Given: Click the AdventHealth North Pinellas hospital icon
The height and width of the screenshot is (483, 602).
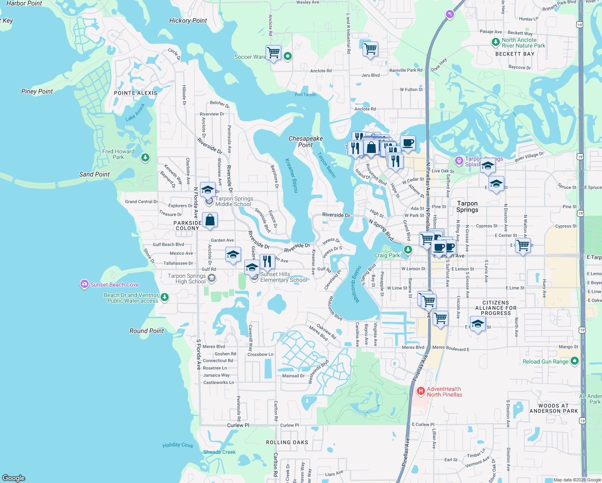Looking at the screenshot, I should pos(421,391).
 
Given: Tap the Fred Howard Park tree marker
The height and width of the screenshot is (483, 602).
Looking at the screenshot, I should pos(145,158).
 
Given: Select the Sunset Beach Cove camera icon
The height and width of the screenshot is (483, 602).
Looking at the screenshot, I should pos(84,285).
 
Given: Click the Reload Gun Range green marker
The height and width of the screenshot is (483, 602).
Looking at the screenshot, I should pos(575,361).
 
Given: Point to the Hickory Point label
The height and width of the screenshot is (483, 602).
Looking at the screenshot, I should pos(188,21).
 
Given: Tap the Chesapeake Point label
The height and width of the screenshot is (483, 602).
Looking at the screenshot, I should pos(305,142).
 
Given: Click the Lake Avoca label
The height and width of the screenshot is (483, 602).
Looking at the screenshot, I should pos(135,113).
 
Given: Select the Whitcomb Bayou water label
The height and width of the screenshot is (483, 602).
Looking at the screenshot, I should pos(357,285).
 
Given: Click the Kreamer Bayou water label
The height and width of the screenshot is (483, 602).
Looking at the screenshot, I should pos(292,175).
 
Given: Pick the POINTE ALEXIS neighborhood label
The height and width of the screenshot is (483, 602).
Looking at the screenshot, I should pos(136,93).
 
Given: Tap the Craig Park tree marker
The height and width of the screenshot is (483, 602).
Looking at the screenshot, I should pos(408,250).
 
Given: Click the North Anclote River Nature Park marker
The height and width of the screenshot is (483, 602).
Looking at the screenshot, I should pos(496,42).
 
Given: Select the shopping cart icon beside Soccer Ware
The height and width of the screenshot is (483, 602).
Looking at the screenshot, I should pos(274,52).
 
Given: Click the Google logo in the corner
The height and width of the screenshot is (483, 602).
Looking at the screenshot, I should pos(14,478).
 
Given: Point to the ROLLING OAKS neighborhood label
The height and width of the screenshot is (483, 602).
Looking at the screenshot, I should pos(287,442).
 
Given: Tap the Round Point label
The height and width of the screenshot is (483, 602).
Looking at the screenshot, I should pos(146,331).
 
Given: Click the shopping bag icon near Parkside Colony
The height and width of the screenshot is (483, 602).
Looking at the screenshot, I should pos(210,220).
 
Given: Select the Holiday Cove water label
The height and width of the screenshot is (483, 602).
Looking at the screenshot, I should pos(177,445).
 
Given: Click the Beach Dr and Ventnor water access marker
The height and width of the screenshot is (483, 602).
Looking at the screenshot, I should pos(164,297).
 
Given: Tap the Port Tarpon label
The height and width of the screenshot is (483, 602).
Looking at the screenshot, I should pos(305,95).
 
